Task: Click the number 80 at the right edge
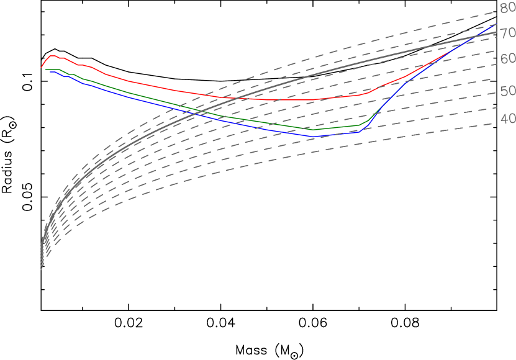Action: click(x=507, y=8)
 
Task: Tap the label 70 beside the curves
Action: click(x=507, y=32)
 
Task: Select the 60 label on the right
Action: click(x=507, y=58)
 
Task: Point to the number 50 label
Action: click(x=507, y=91)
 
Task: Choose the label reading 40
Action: click(x=507, y=118)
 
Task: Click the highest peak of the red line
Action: click(x=52, y=56)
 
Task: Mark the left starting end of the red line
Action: click(x=42, y=67)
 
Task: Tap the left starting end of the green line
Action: click(x=45, y=70)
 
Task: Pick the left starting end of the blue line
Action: click(x=49, y=72)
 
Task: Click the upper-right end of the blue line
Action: click(x=496, y=25)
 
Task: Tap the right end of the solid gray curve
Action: click(x=497, y=32)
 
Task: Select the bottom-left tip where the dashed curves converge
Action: click(x=42, y=269)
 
